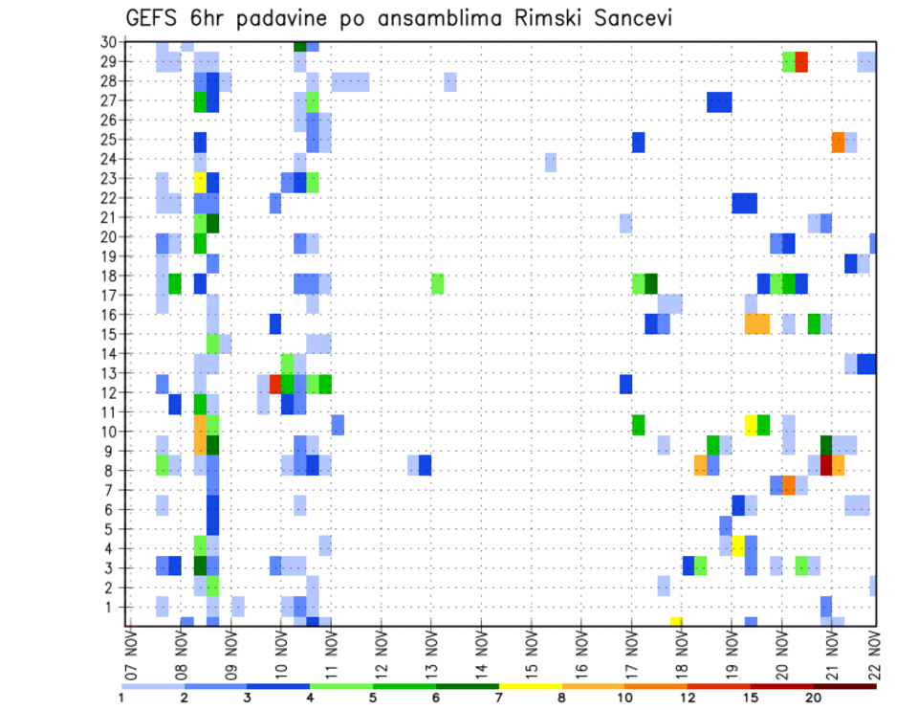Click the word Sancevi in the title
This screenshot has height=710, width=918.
pyautogui.click(x=621, y=19)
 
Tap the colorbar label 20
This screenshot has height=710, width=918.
pyautogui.click(x=814, y=698)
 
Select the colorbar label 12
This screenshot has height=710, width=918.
pyautogui.click(x=688, y=698)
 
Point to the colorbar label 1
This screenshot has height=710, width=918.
pyautogui.click(x=121, y=698)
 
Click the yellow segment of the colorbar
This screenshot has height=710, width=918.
pyautogui.click(x=531, y=686)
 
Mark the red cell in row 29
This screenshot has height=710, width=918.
pyautogui.click(x=801, y=61)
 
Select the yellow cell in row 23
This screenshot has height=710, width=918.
pyautogui.click(x=200, y=179)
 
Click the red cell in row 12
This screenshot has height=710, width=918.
pyautogui.click(x=275, y=384)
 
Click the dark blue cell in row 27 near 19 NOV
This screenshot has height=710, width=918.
pyautogui.click(x=719, y=100)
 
